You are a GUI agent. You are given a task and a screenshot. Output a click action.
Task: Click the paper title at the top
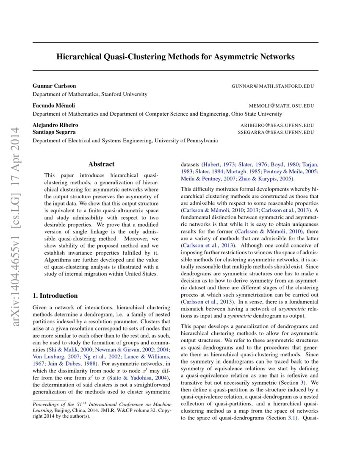(175, 56)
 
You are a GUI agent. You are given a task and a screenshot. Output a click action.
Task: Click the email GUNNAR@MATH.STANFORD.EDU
(273, 86)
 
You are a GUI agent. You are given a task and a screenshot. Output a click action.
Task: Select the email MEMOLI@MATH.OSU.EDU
(282, 106)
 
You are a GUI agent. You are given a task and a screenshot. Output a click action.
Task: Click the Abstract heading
(101, 164)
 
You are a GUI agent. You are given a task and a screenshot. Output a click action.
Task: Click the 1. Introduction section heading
(55, 296)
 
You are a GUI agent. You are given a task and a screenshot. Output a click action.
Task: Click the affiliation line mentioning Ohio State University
(157, 114)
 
